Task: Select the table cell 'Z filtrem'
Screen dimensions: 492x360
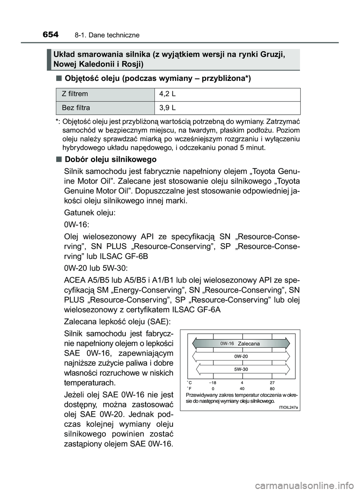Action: pyautogui.click(x=75, y=94)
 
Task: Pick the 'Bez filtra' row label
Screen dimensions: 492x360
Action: pyautogui.click(x=76, y=108)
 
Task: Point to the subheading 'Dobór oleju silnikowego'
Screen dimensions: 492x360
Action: pyautogui.click(x=110, y=159)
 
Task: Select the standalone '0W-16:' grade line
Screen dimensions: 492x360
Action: pyautogui.click(x=76, y=224)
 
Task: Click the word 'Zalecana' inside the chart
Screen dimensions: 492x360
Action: pyautogui.click(x=249, y=344)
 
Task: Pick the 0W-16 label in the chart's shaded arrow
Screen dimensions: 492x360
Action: pyautogui.click(x=227, y=343)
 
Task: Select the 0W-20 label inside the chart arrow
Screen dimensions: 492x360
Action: pyautogui.click(x=241, y=356)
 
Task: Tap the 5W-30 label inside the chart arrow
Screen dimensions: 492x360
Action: pyautogui.click(x=241, y=369)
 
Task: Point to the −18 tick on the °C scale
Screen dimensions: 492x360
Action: pyautogui.click(x=213, y=383)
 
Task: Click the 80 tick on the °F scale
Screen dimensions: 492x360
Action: pyautogui.click(x=272, y=389)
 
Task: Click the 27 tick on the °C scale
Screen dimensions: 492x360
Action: pyautogui.click(x=272, y=383)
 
